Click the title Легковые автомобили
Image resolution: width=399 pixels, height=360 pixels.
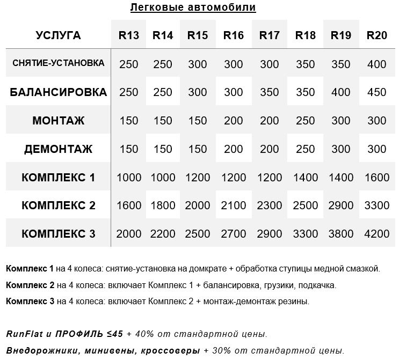tap(193, 8)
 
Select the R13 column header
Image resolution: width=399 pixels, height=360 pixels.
tap(128, 35)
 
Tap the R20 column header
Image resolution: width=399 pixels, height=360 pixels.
tap(376, 35)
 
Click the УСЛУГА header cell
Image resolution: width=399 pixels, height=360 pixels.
tap(58, 35)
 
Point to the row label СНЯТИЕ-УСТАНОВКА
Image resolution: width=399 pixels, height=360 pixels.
tap(58, 63)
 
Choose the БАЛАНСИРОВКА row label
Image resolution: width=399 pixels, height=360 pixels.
tap(58, 92)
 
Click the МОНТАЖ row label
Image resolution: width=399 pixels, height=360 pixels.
tap(58, 121)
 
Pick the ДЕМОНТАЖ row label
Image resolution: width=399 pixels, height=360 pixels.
tap(58, 149)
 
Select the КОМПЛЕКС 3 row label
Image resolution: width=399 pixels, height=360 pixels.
tap(58, 234)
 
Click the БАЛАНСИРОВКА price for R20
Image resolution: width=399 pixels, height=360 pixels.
tap(376, 92)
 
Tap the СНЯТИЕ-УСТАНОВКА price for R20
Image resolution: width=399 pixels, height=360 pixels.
tap(376, 64)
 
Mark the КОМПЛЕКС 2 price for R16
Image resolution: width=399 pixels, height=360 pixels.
tap(234, 206)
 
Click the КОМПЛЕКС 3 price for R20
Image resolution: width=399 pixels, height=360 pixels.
tap(376, 234)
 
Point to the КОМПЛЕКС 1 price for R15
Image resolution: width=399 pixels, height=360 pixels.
tap(198, 178)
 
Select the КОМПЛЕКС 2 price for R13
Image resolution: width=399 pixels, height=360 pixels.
tap(128, 206)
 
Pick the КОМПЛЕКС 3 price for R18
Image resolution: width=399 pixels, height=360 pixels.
tap(305, 234)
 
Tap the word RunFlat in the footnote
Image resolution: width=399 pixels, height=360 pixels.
tap(24, 334)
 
